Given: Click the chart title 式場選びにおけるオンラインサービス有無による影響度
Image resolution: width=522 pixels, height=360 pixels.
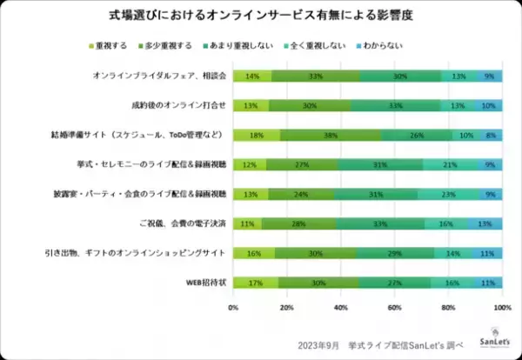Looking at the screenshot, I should [260, 16].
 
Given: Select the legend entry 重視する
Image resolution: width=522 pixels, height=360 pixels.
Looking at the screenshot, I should [111, 44].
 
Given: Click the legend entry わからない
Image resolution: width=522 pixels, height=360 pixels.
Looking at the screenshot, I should [403, 44].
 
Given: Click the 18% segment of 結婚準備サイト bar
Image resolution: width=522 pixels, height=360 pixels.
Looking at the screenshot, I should [257, 135].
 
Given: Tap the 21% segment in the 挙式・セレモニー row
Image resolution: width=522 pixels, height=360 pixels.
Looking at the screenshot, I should [450, 164].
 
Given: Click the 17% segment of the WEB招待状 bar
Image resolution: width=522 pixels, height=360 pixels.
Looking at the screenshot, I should [256, 283].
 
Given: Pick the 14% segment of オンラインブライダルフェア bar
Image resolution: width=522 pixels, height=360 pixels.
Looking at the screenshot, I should [251, 76].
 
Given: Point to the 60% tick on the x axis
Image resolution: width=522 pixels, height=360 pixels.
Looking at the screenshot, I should [394, 307].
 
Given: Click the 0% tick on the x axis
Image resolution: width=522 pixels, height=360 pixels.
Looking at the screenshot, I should [233, 307].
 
